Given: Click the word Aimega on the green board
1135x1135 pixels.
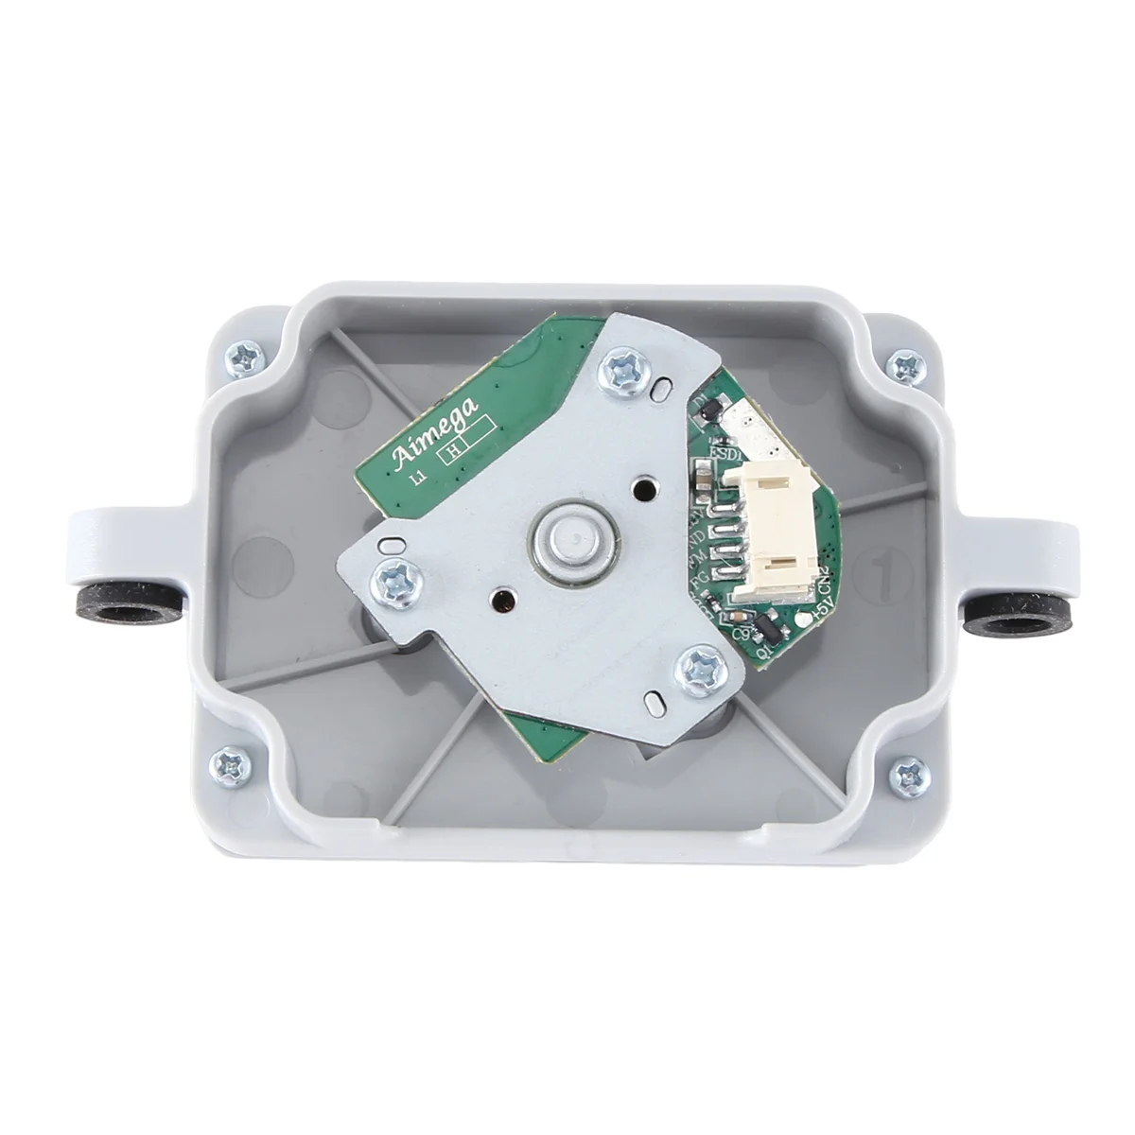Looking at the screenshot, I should pyautogui.click(x=436, y=436).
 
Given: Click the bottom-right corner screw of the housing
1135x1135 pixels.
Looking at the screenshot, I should pyautogui.click(x=908, y=773).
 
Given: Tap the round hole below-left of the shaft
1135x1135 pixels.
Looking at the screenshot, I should pyautogui.click(x=500, y=600).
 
